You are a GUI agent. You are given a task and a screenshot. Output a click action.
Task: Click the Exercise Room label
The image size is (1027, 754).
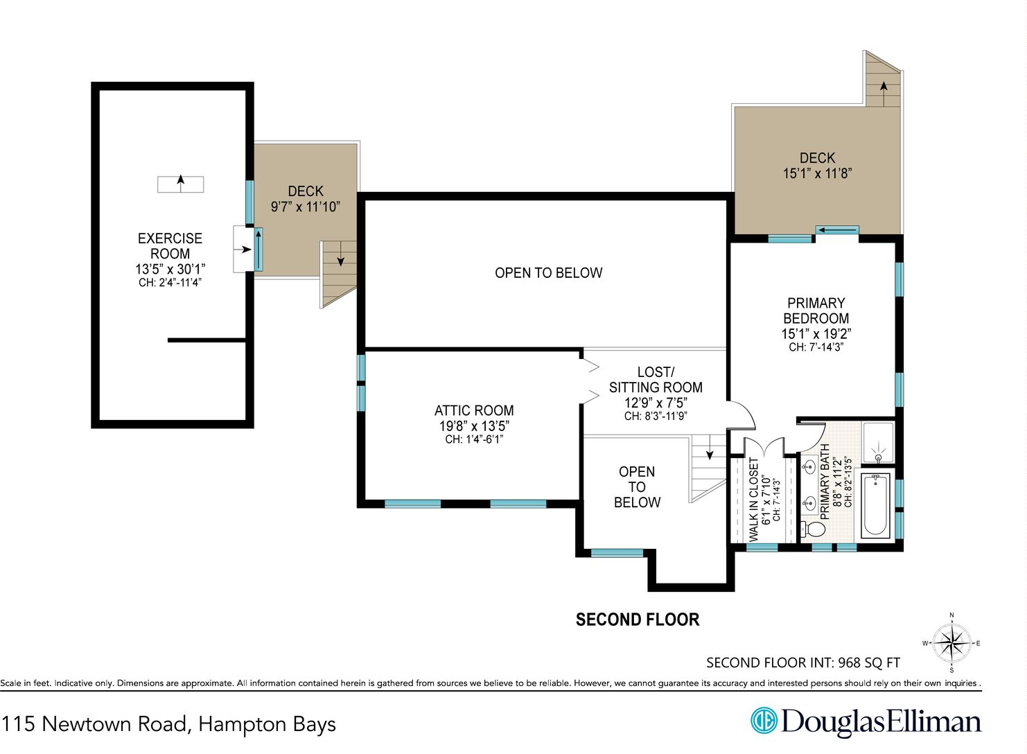pyautogui.click(x=170, y=246)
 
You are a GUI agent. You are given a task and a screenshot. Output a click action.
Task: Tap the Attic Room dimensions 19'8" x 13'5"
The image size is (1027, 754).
pyautogui.click(x=474, y=426)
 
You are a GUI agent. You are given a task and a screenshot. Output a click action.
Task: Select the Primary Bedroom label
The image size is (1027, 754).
pyautogui.click(x=816, y=310)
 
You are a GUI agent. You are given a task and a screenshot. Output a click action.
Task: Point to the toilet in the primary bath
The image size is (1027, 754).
pyautogui.click(x=814, y=529)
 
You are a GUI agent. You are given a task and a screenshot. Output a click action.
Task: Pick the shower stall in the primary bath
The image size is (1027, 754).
pyautogui.click(x=879, y=443)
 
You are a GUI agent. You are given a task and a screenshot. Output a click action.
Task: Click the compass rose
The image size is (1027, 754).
pyautogui.click(x=951, y=642)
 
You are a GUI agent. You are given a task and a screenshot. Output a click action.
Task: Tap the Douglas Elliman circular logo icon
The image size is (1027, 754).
pyautogui.click(x=764, y=720)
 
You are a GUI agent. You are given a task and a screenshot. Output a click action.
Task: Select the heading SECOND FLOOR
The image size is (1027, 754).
pyautogui.click(x=638, y=620)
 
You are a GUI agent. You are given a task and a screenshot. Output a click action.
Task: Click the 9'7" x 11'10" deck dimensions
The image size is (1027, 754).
pyautogui.click(x=306, y=207)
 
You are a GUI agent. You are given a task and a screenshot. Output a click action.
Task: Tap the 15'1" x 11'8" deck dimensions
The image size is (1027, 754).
pyautogui.click(x=817, y=173)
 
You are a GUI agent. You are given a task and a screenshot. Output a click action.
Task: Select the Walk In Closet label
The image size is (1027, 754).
pyautogui.click(x=754, y=500)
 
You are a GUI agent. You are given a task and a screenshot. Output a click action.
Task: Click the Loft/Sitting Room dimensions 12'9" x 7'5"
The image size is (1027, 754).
pyautogui.click(x=656, y=403)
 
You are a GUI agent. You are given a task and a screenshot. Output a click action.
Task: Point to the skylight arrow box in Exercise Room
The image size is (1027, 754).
pyautogui.click(x=181, y=184)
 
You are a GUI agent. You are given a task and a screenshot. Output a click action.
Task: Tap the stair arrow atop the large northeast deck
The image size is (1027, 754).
pyautogui.click(x=884, y=93)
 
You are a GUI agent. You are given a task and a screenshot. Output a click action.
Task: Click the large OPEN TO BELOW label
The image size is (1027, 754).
pyautogui.click(x=548, y=273)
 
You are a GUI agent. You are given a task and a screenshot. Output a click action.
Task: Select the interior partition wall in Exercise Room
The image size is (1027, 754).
pyautogui.click(x=207, y=340)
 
